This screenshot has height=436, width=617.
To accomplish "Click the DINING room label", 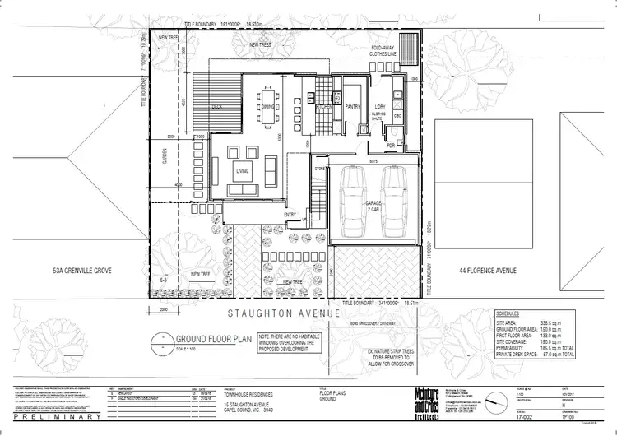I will [268, 107].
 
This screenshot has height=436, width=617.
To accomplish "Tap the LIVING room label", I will [243, 171].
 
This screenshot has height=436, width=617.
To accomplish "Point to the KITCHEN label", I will [323, 107].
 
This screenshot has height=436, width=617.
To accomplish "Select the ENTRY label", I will [290, 215].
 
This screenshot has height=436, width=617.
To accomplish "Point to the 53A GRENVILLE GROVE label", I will [81, 270].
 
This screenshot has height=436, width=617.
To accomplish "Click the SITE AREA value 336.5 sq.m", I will [562, 324].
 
